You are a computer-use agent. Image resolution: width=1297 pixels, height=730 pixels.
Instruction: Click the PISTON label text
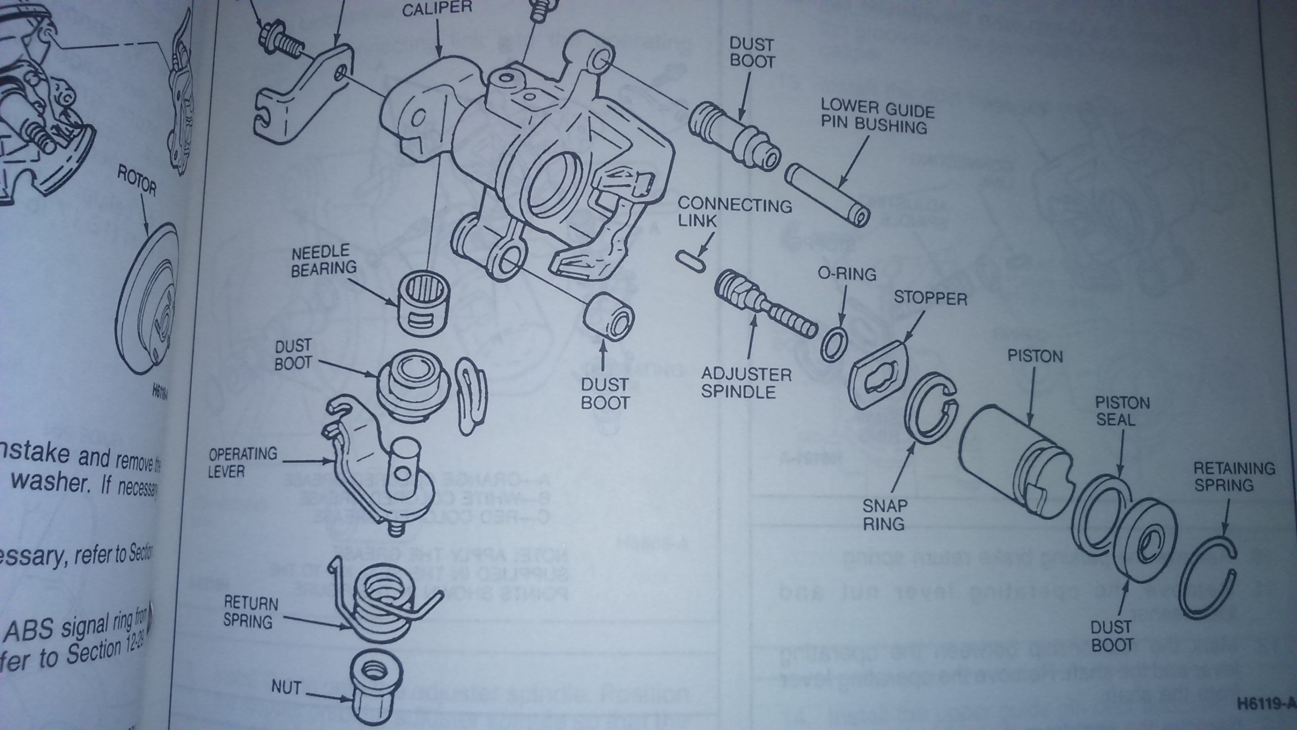pos(1034,356)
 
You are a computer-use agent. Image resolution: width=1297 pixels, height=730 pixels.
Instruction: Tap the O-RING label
pos(847,273)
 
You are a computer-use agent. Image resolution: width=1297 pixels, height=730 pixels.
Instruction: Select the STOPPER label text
pos(930,298)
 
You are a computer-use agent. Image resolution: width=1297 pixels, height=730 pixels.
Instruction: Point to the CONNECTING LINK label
pos(734,212)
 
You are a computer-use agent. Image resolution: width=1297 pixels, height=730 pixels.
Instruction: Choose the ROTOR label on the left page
pos(137,180)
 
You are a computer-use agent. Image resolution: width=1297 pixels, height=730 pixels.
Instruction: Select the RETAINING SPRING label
pos(1233,477)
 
